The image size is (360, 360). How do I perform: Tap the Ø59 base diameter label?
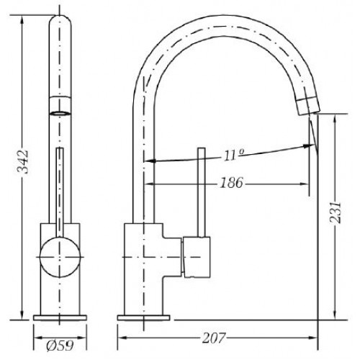[60, 346]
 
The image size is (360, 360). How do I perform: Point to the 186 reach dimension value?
[231, 183]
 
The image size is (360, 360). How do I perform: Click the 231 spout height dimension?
[335, 212]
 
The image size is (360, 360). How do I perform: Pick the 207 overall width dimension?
[214, 338]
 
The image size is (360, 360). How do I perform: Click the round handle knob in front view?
[60, 257]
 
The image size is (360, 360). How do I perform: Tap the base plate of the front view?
[60, 318]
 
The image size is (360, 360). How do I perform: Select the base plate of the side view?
[143, 318]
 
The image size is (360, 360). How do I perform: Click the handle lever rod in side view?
[202, 192]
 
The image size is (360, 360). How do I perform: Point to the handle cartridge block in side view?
[197, 257]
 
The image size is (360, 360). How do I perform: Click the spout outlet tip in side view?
[308, 106]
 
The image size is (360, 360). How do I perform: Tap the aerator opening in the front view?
[60, 113]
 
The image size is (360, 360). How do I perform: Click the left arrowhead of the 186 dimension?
[149, 184]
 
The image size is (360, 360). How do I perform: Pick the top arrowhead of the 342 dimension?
[22, 19]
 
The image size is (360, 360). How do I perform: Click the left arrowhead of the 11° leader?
[150, 161]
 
